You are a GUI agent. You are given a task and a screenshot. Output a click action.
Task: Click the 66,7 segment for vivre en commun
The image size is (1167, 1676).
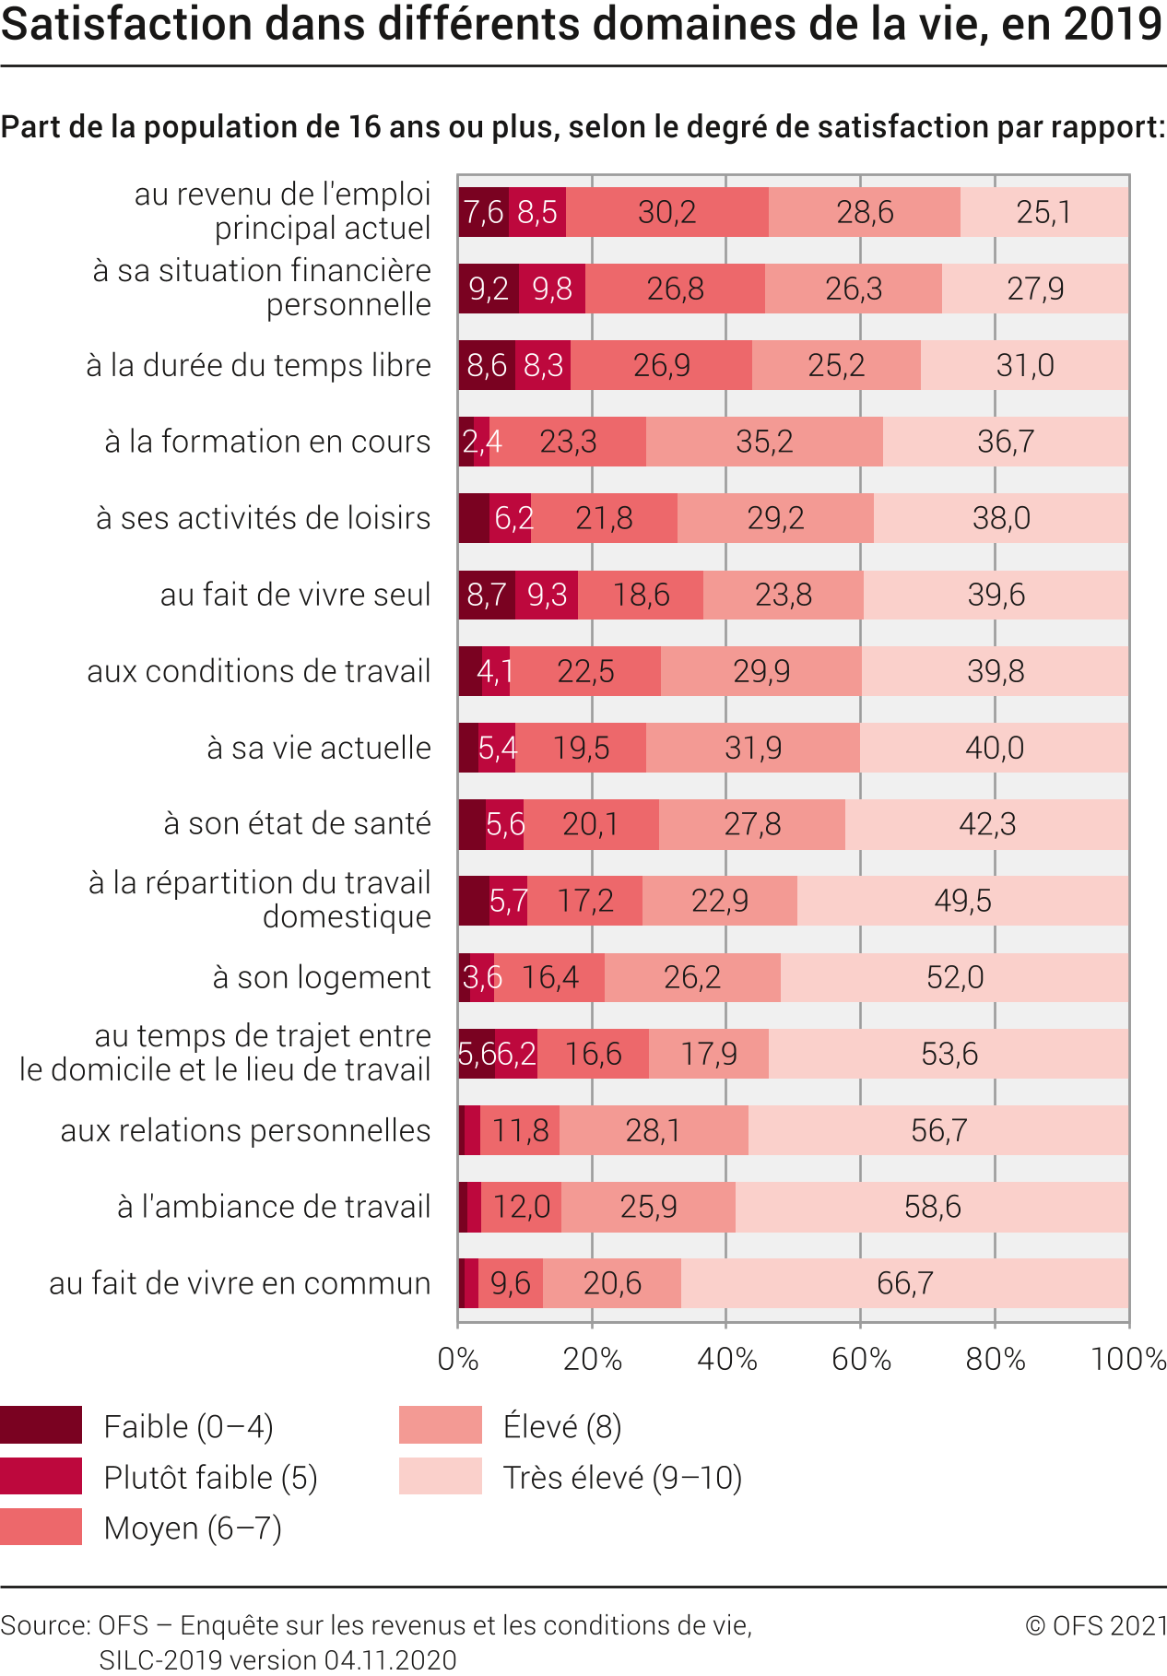point(904,1282)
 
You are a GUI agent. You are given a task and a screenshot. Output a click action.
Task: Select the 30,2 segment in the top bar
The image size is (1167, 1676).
point(666,212)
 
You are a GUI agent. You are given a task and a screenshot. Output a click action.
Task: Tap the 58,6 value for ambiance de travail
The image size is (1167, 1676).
point(932,1206)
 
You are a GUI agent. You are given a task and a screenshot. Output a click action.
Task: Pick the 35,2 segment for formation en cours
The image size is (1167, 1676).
point(764,442)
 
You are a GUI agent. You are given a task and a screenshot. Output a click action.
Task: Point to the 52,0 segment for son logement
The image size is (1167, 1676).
point(955,977)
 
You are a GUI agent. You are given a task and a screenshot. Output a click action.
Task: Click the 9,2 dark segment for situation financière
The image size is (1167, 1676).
point(489,289)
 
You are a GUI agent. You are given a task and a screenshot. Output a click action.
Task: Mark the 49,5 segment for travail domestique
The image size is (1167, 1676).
point(962,901)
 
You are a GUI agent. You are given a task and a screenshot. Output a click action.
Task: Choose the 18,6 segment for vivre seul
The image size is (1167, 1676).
point(641,595)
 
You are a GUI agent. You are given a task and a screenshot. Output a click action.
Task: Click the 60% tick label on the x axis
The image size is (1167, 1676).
point(861,1359)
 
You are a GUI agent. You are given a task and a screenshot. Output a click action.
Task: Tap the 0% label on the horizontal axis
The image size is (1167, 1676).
point(458,1359)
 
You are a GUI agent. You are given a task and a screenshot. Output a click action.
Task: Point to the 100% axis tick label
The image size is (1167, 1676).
point(1128,1359)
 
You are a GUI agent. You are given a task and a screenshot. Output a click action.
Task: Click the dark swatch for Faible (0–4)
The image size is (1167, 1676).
point(41,1425)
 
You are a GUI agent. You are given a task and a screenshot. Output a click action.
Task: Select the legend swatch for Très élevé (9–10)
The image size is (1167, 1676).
point(440,1476)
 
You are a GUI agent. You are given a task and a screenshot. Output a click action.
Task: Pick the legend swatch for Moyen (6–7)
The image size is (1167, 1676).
point(41,1527)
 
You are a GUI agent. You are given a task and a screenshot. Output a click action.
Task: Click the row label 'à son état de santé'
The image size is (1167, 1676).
point(297,823)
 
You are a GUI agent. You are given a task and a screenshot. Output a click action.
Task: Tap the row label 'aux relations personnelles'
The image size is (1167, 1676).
point(245,1130)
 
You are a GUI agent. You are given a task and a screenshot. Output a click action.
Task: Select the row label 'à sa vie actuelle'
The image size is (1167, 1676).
point(319,748)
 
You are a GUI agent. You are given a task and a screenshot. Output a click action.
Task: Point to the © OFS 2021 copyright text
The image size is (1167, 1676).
point(1096,1624)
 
